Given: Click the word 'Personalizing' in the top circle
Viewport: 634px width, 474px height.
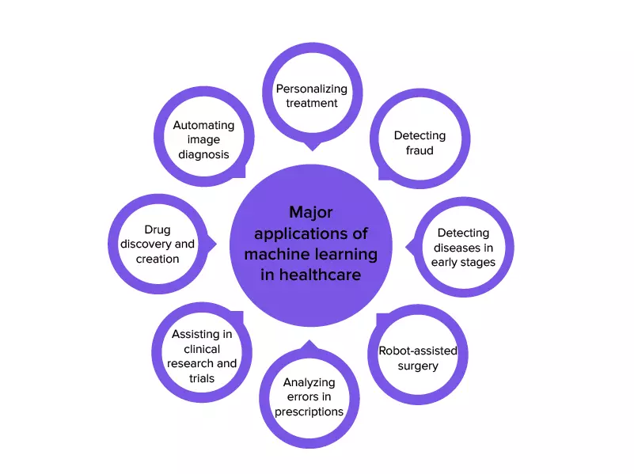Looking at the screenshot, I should click(x=312, y=89).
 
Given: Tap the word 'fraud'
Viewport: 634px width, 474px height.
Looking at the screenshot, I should click(x=420, y=150).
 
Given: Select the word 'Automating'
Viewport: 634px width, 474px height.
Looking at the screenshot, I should click(x=204, y=125).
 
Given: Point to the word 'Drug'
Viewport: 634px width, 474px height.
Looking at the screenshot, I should click(x=158, y=230).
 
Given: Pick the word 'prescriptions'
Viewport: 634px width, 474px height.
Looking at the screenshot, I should click(x=309, y=411).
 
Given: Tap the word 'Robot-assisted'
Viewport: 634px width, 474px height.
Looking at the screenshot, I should click(x=418, y=351).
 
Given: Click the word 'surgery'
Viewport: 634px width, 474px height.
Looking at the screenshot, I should click(x=418, y=366).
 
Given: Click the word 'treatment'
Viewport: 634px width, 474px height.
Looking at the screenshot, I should click(x=312, y=103).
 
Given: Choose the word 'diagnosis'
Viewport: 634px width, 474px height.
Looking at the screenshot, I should click(x=204, y=154).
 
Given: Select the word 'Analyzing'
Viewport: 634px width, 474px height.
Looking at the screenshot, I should click(x=309, y=382).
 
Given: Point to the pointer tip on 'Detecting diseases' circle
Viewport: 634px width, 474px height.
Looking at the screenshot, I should click(x=408, y=248).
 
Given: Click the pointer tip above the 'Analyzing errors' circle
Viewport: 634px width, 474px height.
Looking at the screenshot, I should click(x=309, y=343).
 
